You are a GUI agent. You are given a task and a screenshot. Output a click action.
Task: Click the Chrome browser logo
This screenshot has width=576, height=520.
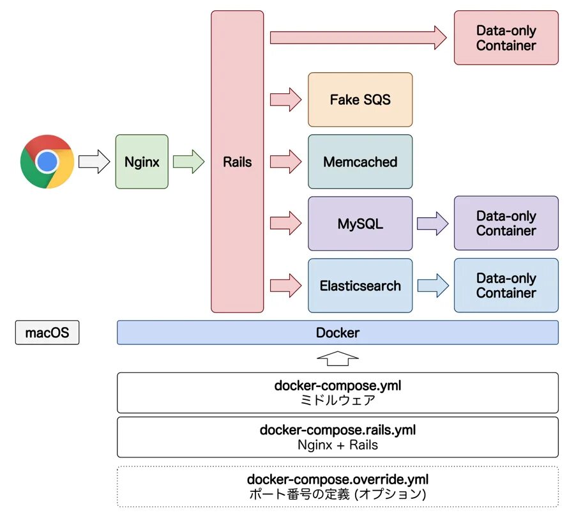click(x=47, y=162)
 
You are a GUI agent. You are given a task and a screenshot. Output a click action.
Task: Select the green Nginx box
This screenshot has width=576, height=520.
click(x=142, y=162)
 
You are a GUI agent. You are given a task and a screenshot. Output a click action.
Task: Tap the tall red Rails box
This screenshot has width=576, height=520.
click(x=237, y=162)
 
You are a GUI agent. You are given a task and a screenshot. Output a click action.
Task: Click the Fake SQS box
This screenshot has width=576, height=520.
click(x=360, y=100)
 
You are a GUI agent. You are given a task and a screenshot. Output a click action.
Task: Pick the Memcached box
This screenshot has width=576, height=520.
click(x=360, y=162)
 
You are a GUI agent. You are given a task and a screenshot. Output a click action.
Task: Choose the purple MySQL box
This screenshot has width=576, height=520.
click(x=360, y=224)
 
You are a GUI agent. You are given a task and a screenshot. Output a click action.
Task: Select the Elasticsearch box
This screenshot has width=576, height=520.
click(x=360, y=286)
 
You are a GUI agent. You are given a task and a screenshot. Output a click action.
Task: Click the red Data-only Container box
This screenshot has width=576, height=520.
click(x=506, y=38)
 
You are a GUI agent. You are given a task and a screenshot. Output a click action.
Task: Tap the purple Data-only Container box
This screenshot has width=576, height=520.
click(x=506, y=224)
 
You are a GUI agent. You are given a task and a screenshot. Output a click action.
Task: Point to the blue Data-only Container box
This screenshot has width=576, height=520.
click(x=506, y=286)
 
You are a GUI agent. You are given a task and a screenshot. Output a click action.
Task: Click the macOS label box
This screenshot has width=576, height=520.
click(x=47, y=333)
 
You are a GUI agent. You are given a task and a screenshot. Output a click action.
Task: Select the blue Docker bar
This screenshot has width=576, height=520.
click(x=337, y=333)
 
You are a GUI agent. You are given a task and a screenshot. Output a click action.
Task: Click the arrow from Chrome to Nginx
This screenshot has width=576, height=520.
click(x=94, y=162)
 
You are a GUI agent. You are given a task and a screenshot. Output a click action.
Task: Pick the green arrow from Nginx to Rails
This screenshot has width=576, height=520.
click(x=188, y=162)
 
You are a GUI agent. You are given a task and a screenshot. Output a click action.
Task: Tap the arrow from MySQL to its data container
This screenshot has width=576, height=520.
click(x=433, y=224)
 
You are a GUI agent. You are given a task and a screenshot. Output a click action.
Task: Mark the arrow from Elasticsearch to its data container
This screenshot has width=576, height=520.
click(x=433, y=286)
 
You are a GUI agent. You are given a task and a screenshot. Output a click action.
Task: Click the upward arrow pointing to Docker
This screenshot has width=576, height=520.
click(x=338, y=358)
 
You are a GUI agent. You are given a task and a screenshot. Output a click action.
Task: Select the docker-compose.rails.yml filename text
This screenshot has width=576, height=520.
click(x=337, y=430)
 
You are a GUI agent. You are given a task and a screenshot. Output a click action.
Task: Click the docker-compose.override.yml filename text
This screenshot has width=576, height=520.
click(x=337, y=479)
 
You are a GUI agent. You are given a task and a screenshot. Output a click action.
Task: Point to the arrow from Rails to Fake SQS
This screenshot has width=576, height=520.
click(x=285, y=100)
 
